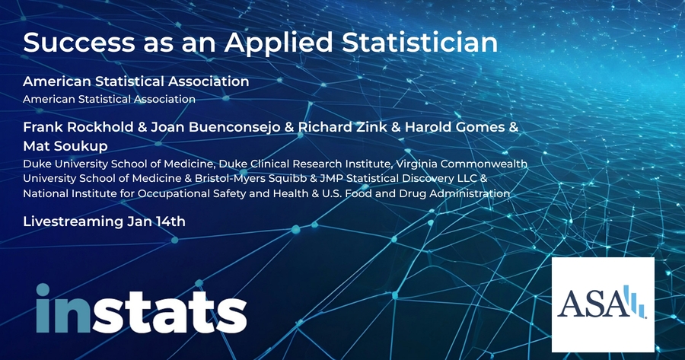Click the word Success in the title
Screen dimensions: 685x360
click(x=79, y=43)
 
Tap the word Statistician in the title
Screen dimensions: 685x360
click(x=420, y=43)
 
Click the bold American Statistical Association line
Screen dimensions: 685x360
click(x=136, y=81)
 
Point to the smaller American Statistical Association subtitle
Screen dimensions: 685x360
click(x=109, y=99)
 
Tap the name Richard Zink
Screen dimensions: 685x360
click(x=342, y=127)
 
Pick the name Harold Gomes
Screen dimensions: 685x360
click(x=455, y=127)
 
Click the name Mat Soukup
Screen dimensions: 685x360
click(x=65, y=146)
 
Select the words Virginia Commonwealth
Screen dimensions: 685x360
click(x=484, y=164)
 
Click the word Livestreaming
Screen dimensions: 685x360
click(x=73, y=221)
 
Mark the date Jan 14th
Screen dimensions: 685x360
click(x=156, y=221)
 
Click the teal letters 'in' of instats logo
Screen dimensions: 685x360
click(x=63, y=308)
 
